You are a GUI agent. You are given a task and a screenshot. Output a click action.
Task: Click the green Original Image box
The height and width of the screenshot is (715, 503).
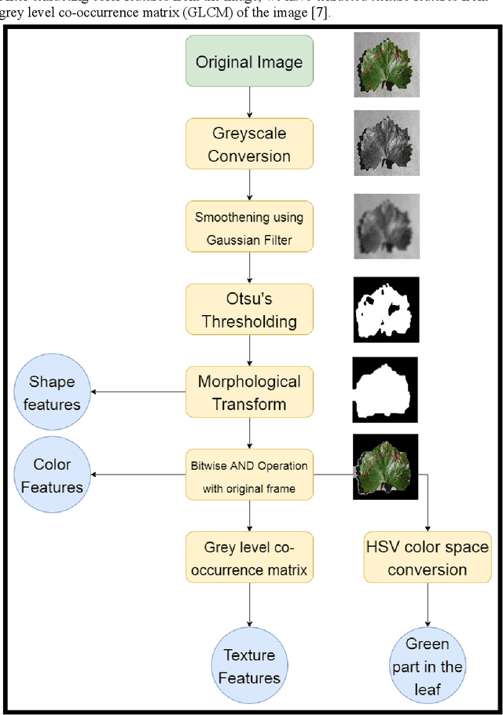[x=249, y=62]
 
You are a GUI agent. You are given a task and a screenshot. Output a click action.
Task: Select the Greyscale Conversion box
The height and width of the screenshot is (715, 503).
[x=249, y=145]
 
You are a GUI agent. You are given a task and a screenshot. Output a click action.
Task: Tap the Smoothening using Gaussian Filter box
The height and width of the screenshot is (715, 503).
[x=249, y=229]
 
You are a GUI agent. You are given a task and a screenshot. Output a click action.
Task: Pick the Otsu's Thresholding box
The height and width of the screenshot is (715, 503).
[x=249, y=310]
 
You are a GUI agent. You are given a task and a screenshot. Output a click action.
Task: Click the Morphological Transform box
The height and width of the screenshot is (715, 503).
[x=249, y=393]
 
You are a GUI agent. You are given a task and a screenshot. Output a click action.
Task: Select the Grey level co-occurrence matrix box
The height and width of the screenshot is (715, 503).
[x=249, y=558]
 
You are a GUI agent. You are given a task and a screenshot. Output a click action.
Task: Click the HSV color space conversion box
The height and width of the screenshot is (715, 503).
[x=427, y=558]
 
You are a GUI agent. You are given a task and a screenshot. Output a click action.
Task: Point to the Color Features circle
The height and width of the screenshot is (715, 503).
[x=52, y=475]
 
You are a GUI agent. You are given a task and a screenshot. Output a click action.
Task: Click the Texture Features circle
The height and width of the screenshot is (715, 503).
[x=249, y=665]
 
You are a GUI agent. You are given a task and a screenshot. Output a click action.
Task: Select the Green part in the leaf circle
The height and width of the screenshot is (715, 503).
[x=427, y=665]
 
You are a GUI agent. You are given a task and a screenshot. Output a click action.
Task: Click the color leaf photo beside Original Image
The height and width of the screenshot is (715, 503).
[x=386, y=63]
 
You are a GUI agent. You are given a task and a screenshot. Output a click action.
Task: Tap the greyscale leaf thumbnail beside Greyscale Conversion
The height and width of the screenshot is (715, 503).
[x=386, y=141]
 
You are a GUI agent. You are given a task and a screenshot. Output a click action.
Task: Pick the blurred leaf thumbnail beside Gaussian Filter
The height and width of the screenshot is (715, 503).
[x=386, y=225]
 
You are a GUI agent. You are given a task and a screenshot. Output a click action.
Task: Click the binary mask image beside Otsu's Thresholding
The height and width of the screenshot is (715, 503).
[x=386, y=308]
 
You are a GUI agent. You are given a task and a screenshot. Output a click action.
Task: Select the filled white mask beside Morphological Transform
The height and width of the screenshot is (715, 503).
[x=384, y=390]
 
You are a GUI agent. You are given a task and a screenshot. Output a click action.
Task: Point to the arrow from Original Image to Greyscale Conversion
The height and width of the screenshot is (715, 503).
[x=249, y=102]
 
